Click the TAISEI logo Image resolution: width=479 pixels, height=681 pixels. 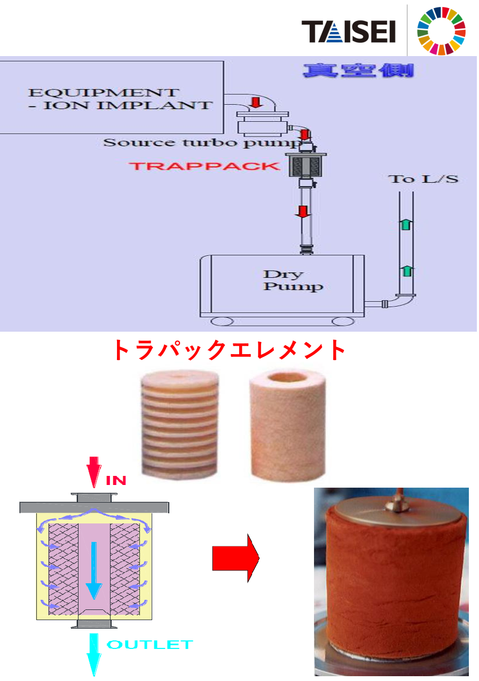348,32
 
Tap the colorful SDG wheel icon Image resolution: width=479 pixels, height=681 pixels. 441,31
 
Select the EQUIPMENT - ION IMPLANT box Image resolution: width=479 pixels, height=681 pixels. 111,97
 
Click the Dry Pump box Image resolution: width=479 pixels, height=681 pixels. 282,283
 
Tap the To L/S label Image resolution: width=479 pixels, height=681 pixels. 423,178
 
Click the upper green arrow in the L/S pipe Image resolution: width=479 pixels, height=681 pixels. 406,224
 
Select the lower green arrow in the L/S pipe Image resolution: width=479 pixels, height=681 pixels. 406,271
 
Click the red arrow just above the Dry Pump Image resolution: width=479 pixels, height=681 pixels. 303,212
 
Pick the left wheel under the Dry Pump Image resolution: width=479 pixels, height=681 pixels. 222,321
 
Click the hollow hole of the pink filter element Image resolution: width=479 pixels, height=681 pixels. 281,379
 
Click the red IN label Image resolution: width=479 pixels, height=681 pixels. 116,480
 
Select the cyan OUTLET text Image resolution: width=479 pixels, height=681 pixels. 150,644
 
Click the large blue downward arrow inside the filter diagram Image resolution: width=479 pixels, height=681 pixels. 94,569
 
